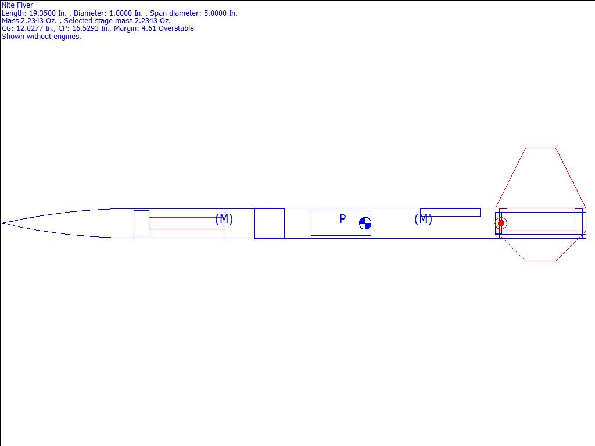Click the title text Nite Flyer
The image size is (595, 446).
coord(17,5)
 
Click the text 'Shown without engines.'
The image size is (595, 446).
coord(41,37)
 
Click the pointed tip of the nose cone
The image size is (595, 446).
coord(3,223)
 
